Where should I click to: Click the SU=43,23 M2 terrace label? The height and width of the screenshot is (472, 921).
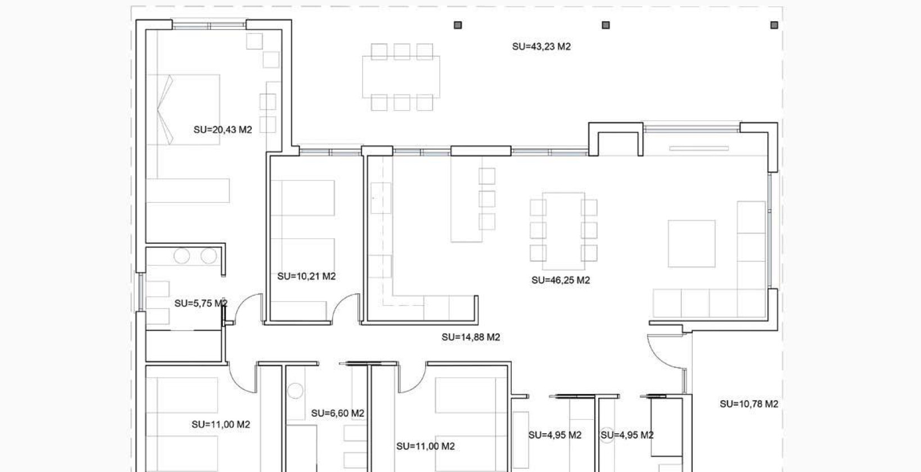tap(541, 47)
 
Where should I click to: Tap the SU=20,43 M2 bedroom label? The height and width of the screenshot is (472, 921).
tap(223, 130)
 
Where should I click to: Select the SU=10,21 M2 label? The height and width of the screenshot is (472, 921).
tap(306, 276)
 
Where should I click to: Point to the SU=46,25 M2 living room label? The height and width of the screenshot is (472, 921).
tap(560, 280)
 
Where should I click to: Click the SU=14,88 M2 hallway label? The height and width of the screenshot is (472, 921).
tap(471, 338)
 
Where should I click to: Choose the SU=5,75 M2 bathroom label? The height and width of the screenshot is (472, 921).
tap(201, 303)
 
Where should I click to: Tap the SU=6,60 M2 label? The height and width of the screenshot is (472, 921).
tap(337, 414)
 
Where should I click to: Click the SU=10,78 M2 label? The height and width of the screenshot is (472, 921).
tap(748, 404)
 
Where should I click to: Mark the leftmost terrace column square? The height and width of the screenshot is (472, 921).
tap(458, 25)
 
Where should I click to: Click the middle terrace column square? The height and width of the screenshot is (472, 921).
tap(606, 25)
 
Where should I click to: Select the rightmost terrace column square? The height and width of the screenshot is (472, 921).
tap(774, 25)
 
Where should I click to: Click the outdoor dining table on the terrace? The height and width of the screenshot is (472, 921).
tap(401, 77)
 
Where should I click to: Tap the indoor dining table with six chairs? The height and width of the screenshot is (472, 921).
tap(563, 230)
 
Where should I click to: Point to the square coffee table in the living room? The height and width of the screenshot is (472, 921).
tap(692, 244)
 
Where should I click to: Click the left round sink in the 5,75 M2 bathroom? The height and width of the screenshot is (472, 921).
tap(182, 256)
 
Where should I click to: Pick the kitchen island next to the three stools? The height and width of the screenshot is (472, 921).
tap(466, 199)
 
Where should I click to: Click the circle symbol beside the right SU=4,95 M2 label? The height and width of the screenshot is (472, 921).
tap(607, 435)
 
